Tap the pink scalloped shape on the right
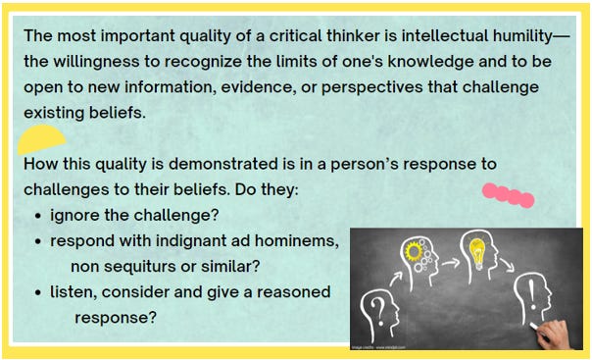(x=509, y=195)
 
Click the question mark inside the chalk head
(x=377, y=309)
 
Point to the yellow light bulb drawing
(x=477, y=251)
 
